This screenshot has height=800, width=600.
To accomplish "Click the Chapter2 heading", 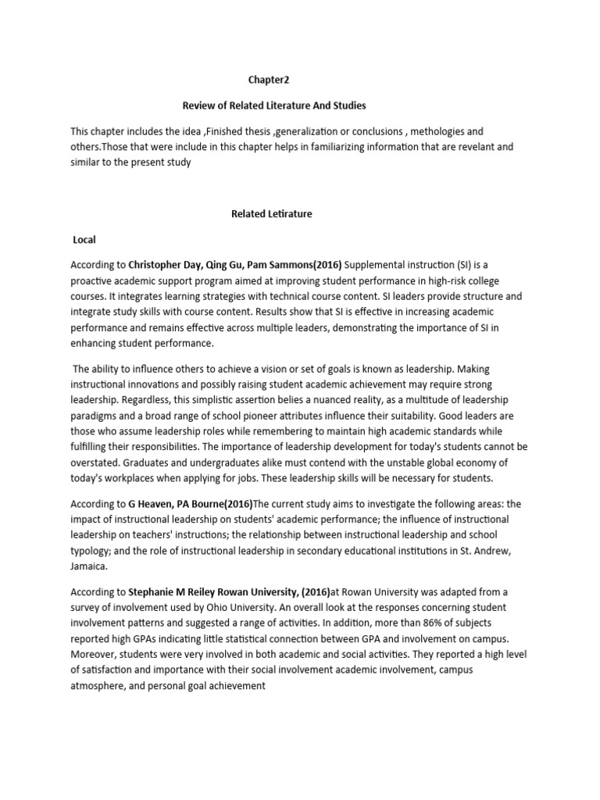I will (270, 79).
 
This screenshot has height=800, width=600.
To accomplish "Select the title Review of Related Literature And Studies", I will (273, 105).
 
